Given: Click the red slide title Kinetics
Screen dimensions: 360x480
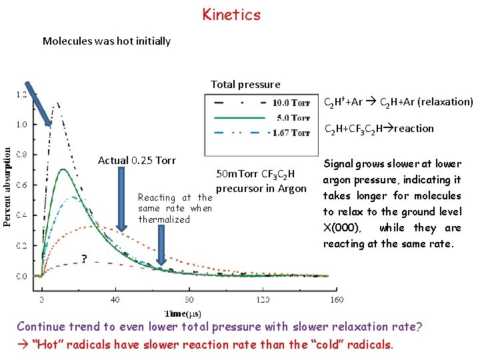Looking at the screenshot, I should click(231, 15).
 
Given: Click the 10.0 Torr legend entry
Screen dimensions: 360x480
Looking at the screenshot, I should click(291, 103).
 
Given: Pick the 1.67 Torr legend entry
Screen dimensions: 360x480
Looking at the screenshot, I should click(291, 133).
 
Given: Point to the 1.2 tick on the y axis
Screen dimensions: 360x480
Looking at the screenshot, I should click(23, 95).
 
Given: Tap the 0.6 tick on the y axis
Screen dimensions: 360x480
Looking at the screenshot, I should click(23, 185).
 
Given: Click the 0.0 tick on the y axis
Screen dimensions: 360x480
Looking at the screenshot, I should click(23, 275).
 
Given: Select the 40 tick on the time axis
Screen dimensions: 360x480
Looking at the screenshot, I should click(115, 299).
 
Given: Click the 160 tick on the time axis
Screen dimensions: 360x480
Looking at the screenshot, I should click(337, 299).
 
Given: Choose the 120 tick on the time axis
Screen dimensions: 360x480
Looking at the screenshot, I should click(263, 299).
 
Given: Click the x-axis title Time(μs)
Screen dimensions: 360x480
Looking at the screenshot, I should click(183, 313).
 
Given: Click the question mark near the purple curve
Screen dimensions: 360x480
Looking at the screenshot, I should click(84, 259).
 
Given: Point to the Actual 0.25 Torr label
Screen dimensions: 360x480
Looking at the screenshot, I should click(137, 160).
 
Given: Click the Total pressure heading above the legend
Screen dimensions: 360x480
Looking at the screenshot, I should click(245, 84).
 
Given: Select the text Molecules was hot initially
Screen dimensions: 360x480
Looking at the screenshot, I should click(107, 41).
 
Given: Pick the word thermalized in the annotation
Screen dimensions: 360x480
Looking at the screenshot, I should click(164, 219).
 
